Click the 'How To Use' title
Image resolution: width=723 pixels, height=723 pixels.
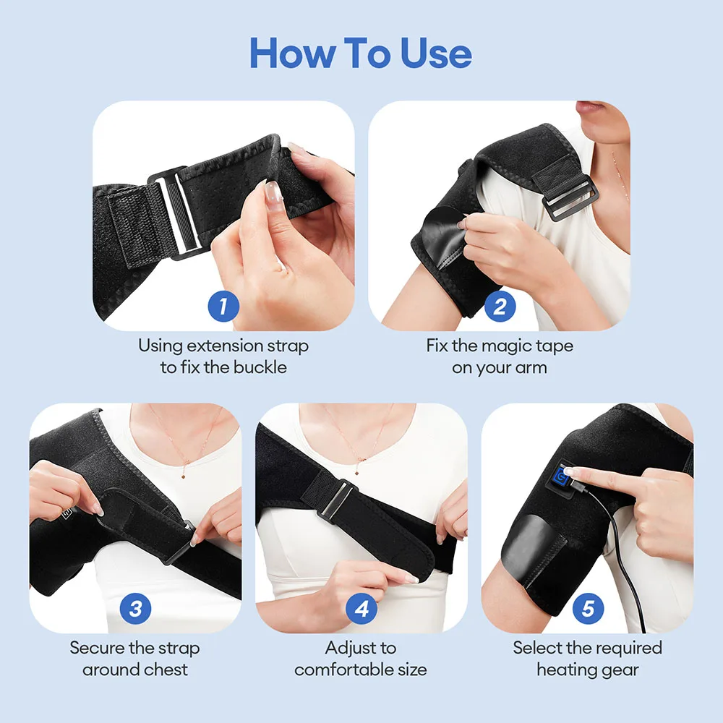click(361, 53)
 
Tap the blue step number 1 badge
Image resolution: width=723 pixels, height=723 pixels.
click(223, 307)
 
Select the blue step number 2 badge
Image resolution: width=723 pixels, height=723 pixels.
click(499, 307)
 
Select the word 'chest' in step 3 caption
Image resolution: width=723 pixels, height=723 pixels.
click(168, 669)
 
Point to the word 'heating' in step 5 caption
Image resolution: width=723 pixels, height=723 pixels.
click(568, 669)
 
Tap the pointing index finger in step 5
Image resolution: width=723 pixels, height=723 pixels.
click(589, 476)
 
